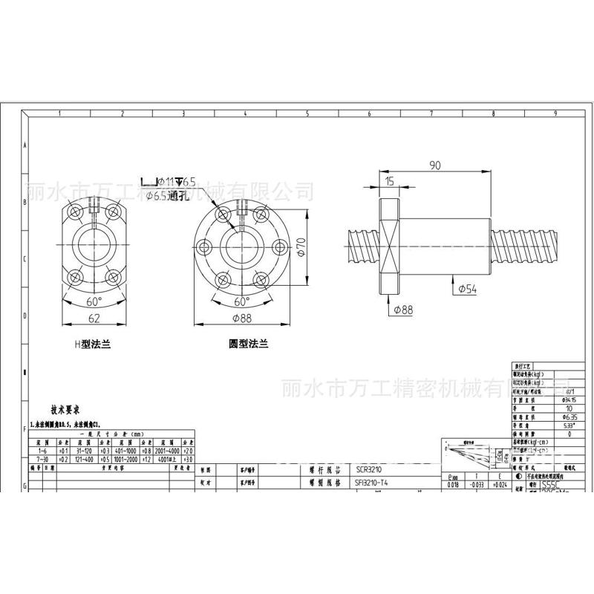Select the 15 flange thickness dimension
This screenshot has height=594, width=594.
pyautogui.click(x=389, y=180)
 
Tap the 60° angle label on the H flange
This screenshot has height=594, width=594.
pyautogui.click(x=94, y=301)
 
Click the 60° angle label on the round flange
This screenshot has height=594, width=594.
pyautogui.click(x=242, y=301)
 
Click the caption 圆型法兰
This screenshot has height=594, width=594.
pyautogui.click(x=247, y=345)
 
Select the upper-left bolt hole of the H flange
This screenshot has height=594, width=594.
pyautogui.click(x=75, y=213)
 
